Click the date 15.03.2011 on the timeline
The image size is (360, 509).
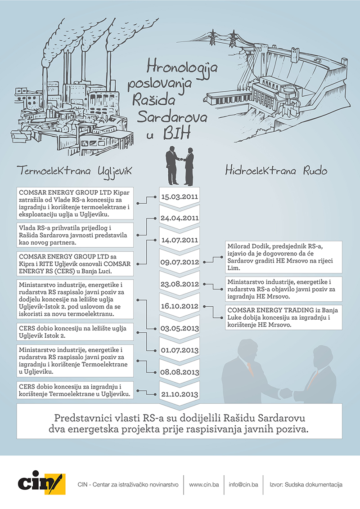coord(180,196)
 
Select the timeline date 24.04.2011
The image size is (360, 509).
coord(180,218)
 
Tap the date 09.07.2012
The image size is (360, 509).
coord(180,262)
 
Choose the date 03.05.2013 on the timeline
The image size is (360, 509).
coord(180,327)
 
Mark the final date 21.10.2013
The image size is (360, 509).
coord(180,393)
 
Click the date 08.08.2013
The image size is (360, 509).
coord(180,371)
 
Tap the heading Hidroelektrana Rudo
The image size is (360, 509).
coord(276,171)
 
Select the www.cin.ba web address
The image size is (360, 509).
coord(204,485)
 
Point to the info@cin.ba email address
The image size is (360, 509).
coord(243,485)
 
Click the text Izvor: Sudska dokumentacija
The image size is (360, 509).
coord(306,485)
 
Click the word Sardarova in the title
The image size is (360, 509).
coord(172,118)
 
